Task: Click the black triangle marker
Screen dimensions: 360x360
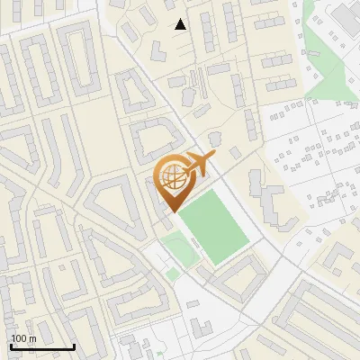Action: click(181, 24)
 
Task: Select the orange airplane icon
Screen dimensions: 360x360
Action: click(200, 166)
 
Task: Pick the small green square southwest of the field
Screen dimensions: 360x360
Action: click(172, 274)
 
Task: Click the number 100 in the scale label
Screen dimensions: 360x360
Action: click(18, 338)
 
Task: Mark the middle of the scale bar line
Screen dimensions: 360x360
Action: click(41, 346)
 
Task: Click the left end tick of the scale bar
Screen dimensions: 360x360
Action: click(10, 346)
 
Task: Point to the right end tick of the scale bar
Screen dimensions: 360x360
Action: click(74, 346)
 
